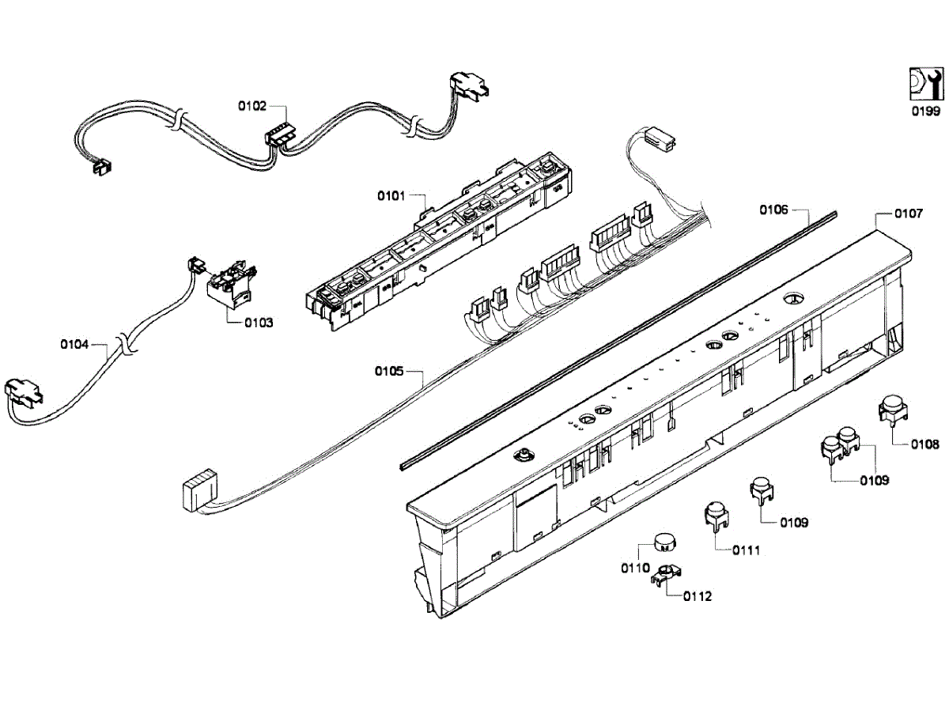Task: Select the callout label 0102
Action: click(253, 105)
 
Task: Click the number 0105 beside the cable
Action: click(390, 371)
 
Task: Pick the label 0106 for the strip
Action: click(774, 210)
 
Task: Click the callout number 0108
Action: click(924, 444)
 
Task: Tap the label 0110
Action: click(635, 569)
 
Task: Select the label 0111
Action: click(745, 550)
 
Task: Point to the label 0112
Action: click(697, 596)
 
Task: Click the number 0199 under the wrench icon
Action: click(924, 111)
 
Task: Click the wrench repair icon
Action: click(923, 83)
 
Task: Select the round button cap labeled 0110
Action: click(665, 542)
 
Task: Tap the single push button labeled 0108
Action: click(892, 410)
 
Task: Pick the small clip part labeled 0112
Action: click(667, 576)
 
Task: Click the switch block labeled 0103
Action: click(230, 284)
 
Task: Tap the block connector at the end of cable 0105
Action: click(198, 492)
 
